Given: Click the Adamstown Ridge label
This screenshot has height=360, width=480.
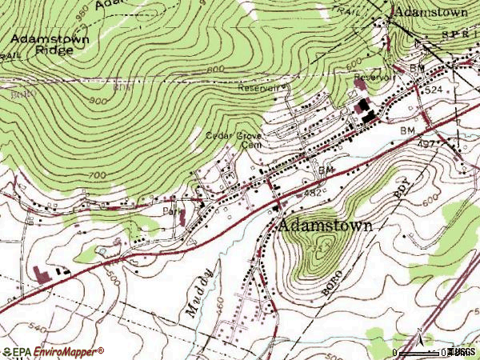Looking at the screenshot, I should pyautogui.click(x=43, y=43).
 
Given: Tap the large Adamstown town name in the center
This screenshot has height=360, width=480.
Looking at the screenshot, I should pyautogui.click(x=326, y=226).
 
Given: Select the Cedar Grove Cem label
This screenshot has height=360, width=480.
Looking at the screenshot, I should pyautogui.click(x=234, y=141).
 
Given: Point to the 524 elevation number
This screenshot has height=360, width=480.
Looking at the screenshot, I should pyautogui.click(x=433, y=90).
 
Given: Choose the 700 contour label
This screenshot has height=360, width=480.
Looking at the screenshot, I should pyautogui.click(x=95, y=174).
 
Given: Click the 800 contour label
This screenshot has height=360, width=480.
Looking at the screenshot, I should pyautogui.click(x=214, y=70).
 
